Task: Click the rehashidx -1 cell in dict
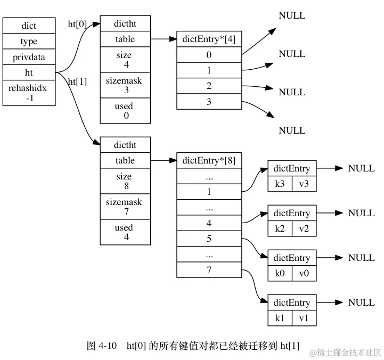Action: click(29, 93)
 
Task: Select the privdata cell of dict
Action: click(29, 57)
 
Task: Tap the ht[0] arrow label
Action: click(77, 24)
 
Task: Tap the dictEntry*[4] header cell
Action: click(209, 39)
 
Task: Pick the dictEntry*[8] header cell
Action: click(209, 160)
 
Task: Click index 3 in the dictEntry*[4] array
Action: click(209, 101)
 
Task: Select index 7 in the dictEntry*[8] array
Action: click(209, 271)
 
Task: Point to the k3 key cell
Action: click(279, 183)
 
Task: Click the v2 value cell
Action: click(304, 228)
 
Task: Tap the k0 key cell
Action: click(279, 273)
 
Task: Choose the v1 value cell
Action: click(304, 317)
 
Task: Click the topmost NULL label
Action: click(292, 15)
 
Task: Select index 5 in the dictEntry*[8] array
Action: click(209, 239)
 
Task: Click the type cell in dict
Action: click(29, 42)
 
